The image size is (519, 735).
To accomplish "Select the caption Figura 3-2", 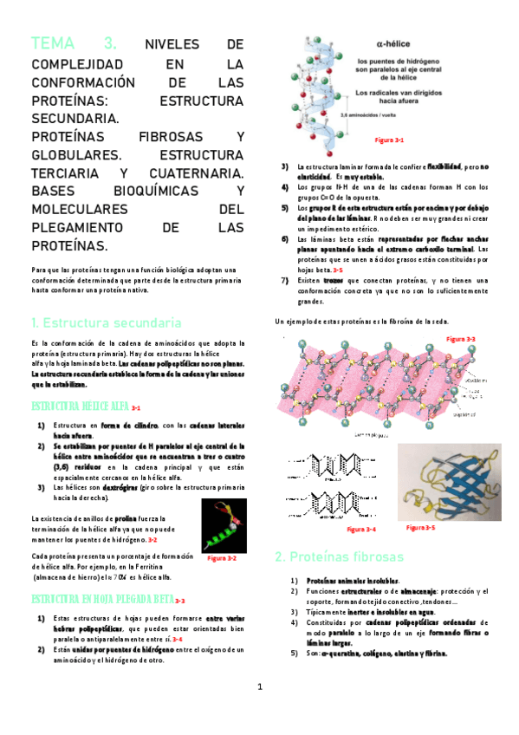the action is point(221,558).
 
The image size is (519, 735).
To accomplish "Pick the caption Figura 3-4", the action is point(360,529).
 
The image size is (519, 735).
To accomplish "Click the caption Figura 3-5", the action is point(420,527).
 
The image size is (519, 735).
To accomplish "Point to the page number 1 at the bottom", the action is point(259,687).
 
